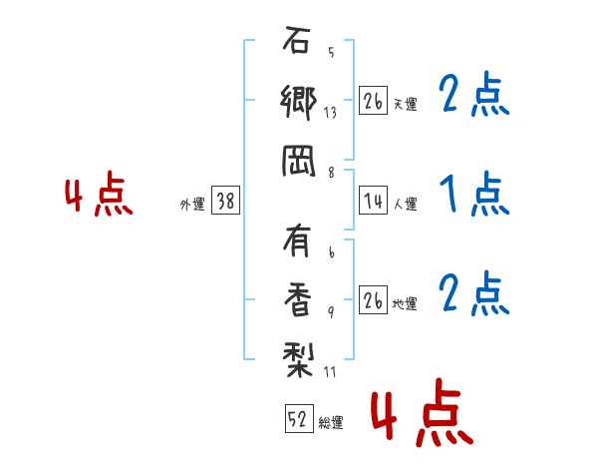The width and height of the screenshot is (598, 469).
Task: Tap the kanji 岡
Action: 297,161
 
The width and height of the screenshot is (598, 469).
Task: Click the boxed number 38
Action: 225,202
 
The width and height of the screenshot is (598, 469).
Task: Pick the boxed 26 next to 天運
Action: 373,102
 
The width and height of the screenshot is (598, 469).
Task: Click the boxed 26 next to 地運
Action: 373,301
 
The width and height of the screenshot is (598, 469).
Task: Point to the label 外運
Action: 192,204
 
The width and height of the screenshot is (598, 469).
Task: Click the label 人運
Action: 406,204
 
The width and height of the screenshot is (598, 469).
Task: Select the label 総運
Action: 331,423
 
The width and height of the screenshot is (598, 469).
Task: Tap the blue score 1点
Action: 473,196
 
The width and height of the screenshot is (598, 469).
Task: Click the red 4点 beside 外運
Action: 98,197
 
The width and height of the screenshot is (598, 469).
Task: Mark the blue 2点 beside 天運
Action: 473,97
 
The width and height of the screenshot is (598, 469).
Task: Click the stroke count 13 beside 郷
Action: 330,113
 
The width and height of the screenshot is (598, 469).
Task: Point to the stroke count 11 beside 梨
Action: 330,373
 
